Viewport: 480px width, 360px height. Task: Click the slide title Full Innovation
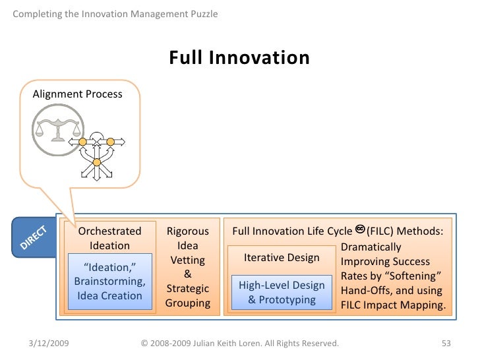[239, 58]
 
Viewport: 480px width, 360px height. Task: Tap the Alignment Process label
[78, 94]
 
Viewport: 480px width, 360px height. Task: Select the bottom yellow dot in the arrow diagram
[96, 162]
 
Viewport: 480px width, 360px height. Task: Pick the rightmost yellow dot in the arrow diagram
[111, 141]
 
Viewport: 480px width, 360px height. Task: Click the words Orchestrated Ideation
[109, 238]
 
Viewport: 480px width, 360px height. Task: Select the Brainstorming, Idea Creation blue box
[109, 281]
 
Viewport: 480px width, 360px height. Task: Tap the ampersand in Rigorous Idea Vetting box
[187, 274]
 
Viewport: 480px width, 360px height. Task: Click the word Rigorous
[187, 231]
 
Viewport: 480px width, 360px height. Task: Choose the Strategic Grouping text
[187, 296]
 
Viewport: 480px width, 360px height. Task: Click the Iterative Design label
[282, 258]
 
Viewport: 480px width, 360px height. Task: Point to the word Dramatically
[371, 247]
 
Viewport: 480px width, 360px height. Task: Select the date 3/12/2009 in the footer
[51, 344]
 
